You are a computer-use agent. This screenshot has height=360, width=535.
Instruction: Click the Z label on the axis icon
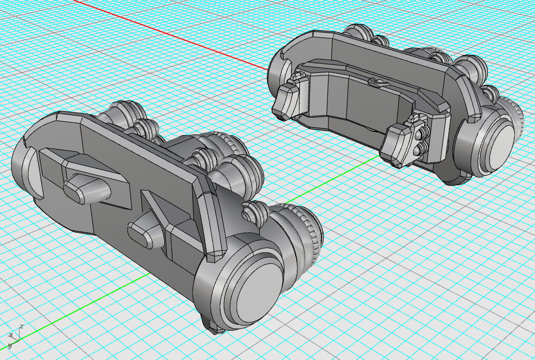pos(21,327)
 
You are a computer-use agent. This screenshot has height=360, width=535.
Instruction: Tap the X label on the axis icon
pos(11,335)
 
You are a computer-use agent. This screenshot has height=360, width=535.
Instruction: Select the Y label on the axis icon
pos(10,346)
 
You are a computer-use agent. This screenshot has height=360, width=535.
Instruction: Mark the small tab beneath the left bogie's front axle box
pos(217,330)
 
